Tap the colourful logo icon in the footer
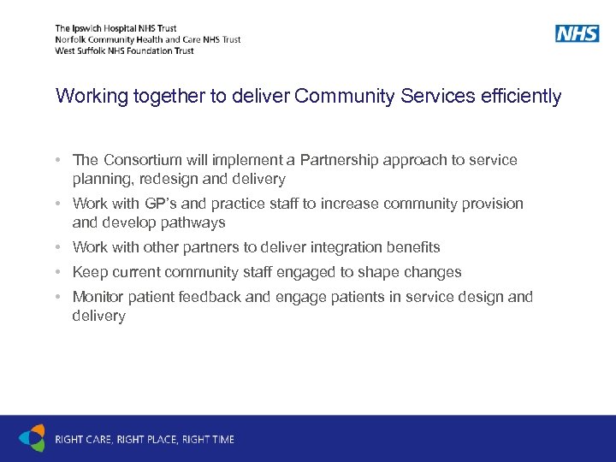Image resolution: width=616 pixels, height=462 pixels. (32, 438)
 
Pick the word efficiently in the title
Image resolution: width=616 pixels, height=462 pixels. (523, 96)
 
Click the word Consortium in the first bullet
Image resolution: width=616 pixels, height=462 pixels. (142, 160)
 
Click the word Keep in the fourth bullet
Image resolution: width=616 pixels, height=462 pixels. (89, 272)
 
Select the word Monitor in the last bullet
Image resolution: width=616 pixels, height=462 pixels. (98, 297)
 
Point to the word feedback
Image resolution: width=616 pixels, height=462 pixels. (213, 297)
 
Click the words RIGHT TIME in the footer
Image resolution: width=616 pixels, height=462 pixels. (209, 440)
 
